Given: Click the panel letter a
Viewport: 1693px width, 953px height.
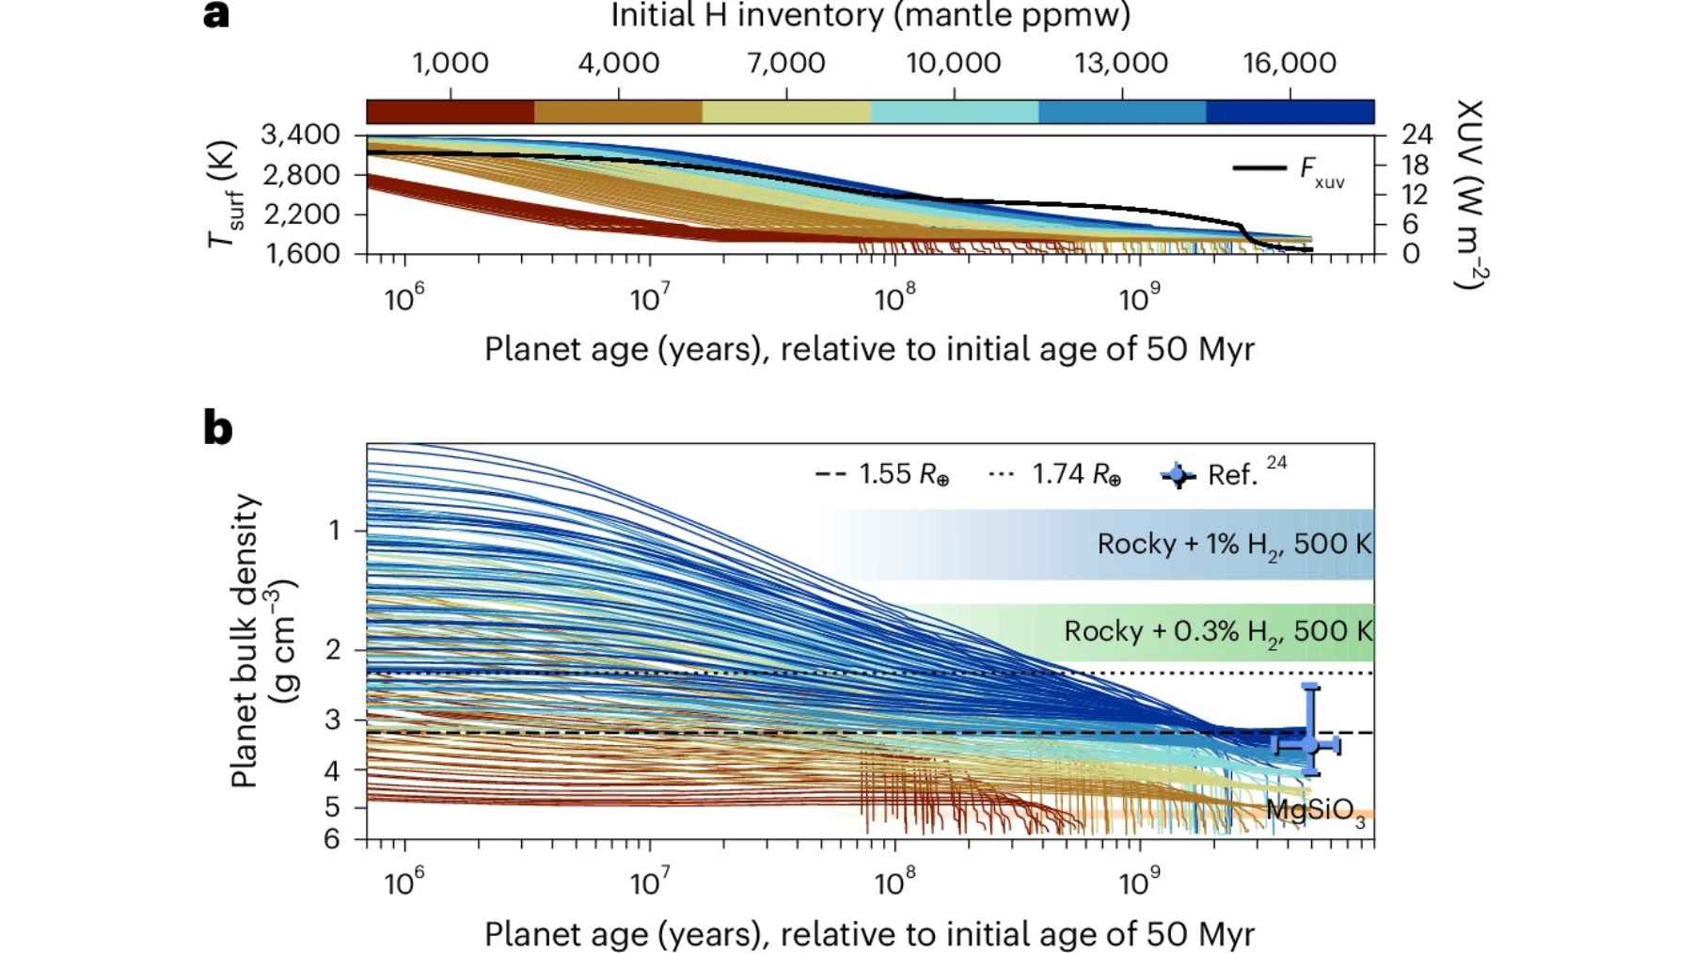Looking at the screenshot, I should (216, 15).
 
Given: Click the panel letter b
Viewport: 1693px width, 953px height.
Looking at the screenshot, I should (218, 429).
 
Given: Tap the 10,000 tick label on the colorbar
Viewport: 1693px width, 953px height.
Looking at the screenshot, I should (954, 64).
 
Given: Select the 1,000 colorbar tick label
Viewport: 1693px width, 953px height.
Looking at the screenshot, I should (451, 64).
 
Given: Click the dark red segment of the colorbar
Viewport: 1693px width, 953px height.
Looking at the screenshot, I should (450, 112).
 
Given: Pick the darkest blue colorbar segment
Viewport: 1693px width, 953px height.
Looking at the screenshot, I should (1290, 112).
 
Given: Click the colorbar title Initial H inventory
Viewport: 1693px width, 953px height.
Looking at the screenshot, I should (870, 16).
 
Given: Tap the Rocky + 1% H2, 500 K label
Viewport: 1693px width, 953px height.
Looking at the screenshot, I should (1234, 545).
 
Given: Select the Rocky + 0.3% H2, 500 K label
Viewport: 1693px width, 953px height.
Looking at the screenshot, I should (1218, 631).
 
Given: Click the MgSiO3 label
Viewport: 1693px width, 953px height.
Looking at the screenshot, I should (1315, 812).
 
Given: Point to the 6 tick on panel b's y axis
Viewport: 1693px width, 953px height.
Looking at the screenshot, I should (332, 839).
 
